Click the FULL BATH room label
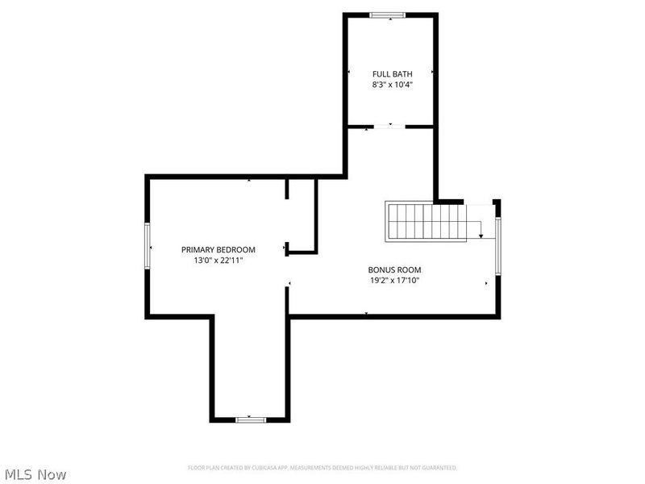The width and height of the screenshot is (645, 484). (x=392, y=74)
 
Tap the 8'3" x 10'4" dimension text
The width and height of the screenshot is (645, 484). (x=392, y=85)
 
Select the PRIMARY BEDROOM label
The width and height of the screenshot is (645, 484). (x=218, y=250)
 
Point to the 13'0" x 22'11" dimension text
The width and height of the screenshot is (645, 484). (x=218, y=261)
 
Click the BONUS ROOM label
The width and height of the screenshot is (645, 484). (x=394, y=270)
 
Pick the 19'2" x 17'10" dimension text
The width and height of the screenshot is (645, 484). (x=394, y=281)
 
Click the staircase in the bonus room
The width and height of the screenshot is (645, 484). (x=426, y=221)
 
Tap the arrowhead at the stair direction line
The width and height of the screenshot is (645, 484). (x=481, y=236)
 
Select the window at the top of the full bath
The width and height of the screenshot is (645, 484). (x=387, y=15)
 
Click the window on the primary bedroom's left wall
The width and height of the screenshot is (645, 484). (x=148, y=246)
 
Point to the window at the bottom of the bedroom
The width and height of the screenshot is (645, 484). (x=251, y=419)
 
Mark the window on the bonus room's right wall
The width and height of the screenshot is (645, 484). (x=497, y=246)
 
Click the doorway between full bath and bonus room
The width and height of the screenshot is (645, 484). (x=389, y=127)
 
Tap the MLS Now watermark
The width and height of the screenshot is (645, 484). (x=35, y=474)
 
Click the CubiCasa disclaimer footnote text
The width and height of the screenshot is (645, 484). (x=322, y=468)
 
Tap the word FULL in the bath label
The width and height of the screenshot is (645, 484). (x=381, y=74)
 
